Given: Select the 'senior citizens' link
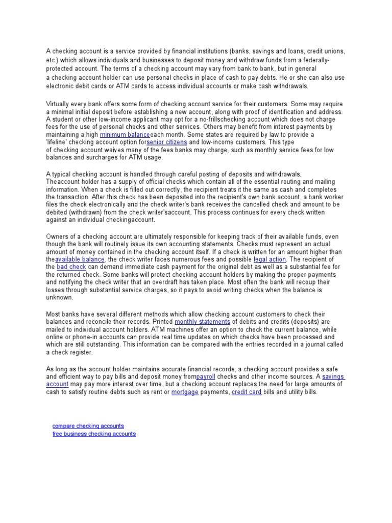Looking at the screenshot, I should tap(167, 141).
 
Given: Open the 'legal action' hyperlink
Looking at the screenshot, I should tap(269, 259).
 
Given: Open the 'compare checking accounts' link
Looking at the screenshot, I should tap(88, 425).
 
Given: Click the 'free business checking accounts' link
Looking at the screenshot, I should tap(94, 434).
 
